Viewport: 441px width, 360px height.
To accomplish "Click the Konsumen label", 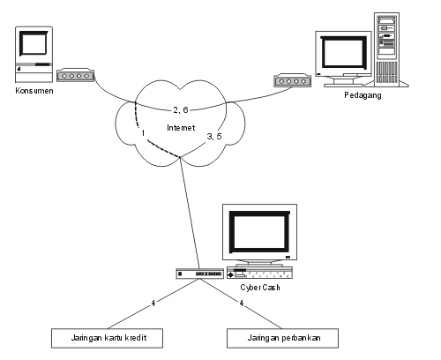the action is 34,91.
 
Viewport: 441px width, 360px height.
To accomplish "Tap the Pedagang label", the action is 363,95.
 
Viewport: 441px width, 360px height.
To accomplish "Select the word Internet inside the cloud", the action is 181,128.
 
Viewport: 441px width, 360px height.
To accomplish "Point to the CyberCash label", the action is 260,288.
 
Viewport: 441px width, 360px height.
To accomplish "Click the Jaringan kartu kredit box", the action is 107,338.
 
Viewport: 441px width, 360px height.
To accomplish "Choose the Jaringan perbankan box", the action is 282,338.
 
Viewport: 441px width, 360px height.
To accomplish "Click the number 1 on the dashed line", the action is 143,133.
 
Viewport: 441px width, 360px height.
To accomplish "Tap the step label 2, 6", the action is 181,110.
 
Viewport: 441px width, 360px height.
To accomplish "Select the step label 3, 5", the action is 214,136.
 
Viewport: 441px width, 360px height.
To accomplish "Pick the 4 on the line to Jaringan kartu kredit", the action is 153,303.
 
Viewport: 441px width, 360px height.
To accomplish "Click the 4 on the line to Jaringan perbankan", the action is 242,303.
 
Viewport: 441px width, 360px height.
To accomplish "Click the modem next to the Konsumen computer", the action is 76,75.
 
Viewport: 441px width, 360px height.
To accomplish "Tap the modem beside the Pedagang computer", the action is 293,80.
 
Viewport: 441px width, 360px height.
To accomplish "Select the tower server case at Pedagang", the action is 387,49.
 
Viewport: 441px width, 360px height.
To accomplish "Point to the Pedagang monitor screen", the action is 343,53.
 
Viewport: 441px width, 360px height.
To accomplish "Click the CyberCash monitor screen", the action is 259,232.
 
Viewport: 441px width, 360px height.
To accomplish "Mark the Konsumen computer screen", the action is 34,43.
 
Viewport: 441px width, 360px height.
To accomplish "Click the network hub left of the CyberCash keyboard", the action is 200,274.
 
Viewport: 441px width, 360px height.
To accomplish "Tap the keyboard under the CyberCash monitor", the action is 259,273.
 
